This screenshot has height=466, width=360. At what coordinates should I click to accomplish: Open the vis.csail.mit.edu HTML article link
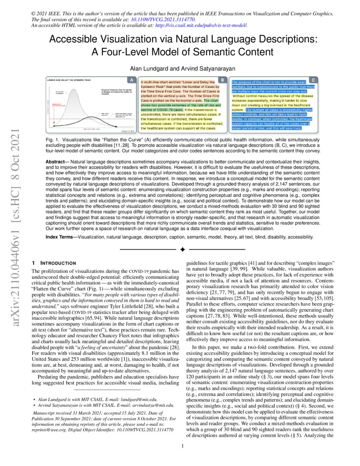202,25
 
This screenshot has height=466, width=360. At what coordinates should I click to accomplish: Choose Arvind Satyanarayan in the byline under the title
205,68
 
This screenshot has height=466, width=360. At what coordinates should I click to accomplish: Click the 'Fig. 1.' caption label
52,139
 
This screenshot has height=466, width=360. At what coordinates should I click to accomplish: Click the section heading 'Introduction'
57,263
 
